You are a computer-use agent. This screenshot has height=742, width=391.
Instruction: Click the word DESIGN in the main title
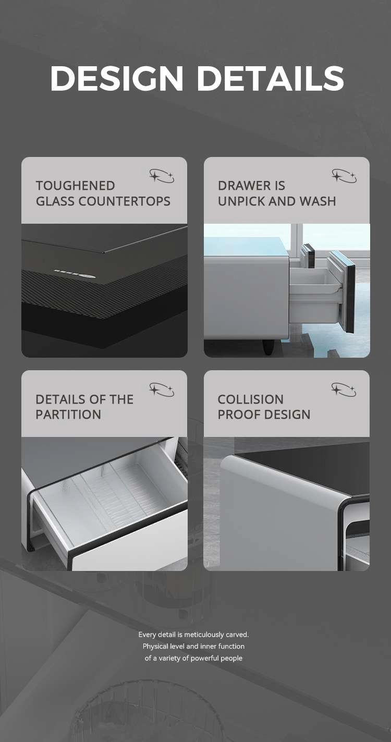[117, 78]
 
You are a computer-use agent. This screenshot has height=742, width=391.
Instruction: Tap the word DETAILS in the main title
[271, 78]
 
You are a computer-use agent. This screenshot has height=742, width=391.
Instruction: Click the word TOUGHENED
[76, 186]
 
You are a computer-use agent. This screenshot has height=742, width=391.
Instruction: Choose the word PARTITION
[68, 415]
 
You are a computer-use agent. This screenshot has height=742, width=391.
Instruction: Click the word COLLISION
[251, 399]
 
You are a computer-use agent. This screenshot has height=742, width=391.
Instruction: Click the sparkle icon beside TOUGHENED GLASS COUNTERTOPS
[162, 176]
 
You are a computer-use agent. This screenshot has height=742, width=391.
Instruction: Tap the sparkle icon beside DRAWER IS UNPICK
[344, 176]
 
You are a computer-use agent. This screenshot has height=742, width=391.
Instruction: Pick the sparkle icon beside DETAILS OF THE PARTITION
[162, 390]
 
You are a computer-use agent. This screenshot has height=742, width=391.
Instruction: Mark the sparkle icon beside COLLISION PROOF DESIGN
[344, 390]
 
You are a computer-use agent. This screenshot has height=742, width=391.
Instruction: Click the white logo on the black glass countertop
[75, 273]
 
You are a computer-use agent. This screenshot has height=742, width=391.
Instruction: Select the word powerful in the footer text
[204, 658]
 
